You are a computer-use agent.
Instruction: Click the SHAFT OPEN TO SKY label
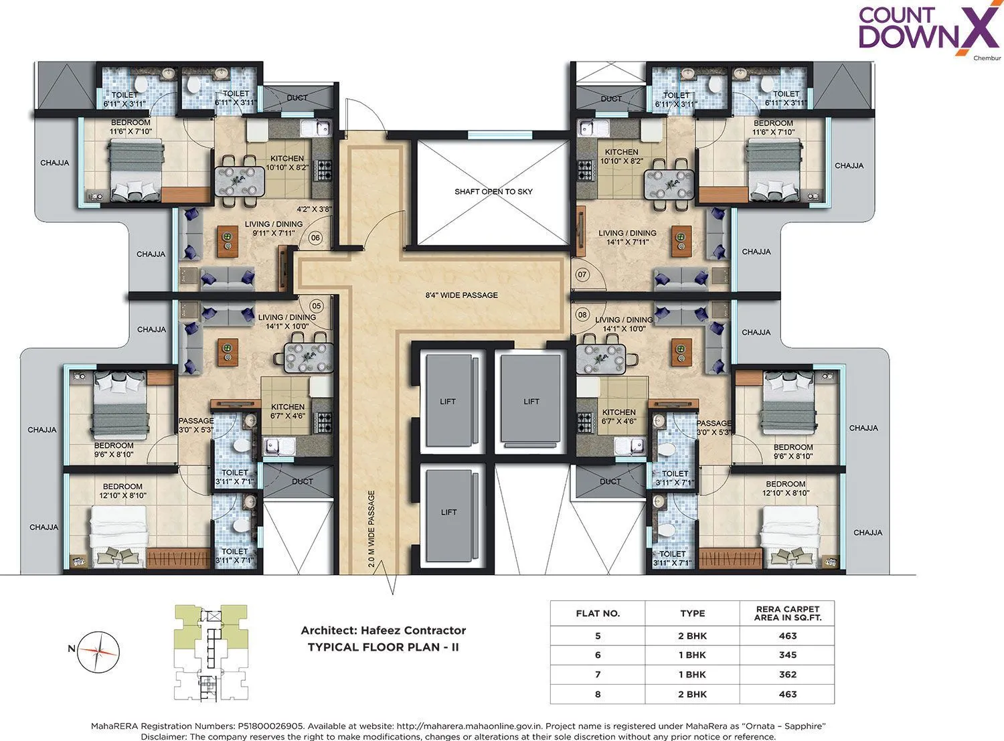pyautogui.click(x=493, y=191)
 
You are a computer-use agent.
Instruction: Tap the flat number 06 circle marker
pyautogui.click(x=316, y=238)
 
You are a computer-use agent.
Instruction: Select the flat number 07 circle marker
pyautogui.click(x=582, y=274)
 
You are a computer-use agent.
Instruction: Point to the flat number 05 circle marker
pyautogui.click(x=317, y=306)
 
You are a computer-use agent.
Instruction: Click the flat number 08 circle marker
pyautogui.click(x=582, y=315)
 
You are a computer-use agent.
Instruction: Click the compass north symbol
pyautogui.click(x=98, y=651)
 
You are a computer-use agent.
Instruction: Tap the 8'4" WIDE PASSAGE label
pyautogui.click(x=461, y=295)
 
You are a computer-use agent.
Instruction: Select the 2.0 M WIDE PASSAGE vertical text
pyautogui.click(x=372, y=529)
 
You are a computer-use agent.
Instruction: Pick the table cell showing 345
pyautogui.click(x=787, y=655)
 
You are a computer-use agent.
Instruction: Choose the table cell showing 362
pyautogui.click(x=787, y=675)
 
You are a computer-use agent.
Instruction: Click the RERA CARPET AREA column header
pyautogui.click(x=787, y=613)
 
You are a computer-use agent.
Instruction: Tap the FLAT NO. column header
pyautogui.click(x=598, y=613)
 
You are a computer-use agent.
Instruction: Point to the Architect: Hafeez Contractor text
pyautogui.click(x=383, y=631)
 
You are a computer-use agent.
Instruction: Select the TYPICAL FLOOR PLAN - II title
pyautogui.click(x=383, y=647)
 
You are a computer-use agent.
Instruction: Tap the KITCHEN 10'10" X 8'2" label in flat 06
pyautogui.click(x=287, y=163)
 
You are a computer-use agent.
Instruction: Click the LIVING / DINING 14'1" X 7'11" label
pyautogui.click(x=627, y=238)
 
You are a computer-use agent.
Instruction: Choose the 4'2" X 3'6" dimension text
pyautogui.click(x=315, y=209)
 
